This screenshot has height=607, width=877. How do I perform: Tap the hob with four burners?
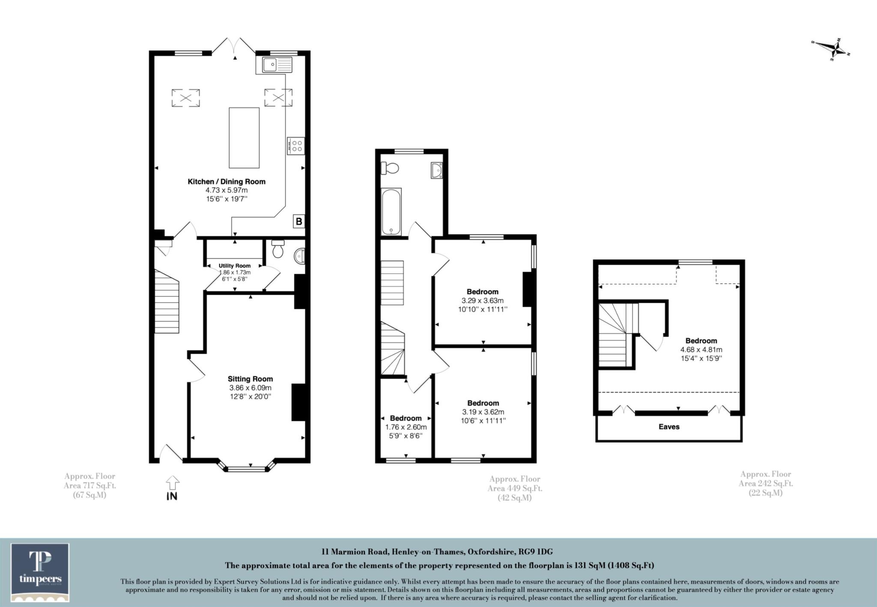[x=296, y=146]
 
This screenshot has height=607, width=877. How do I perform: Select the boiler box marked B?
[x=299, y=221]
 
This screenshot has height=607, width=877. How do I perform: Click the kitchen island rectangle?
[x=244, y=138]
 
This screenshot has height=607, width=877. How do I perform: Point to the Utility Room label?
[x=234, y=266]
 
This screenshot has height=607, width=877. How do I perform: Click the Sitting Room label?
[x=250, y=379]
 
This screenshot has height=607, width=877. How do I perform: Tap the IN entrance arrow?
[x=172, y=488]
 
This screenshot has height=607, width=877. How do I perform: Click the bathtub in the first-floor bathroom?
[x=391, y=211]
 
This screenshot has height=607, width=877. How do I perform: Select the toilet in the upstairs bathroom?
[x=390, y=168]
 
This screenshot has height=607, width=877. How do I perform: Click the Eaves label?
[x=669, y=427]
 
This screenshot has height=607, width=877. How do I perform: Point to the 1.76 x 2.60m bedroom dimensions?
[x=406, y=427]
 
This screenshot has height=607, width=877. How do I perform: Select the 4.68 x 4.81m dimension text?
[x=701, y=350]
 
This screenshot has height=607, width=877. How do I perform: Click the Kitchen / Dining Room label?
[x=227, y=182]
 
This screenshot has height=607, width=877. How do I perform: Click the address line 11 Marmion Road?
[x=438, y=552]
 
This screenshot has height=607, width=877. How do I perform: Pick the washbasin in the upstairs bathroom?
[x=436, y=170]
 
